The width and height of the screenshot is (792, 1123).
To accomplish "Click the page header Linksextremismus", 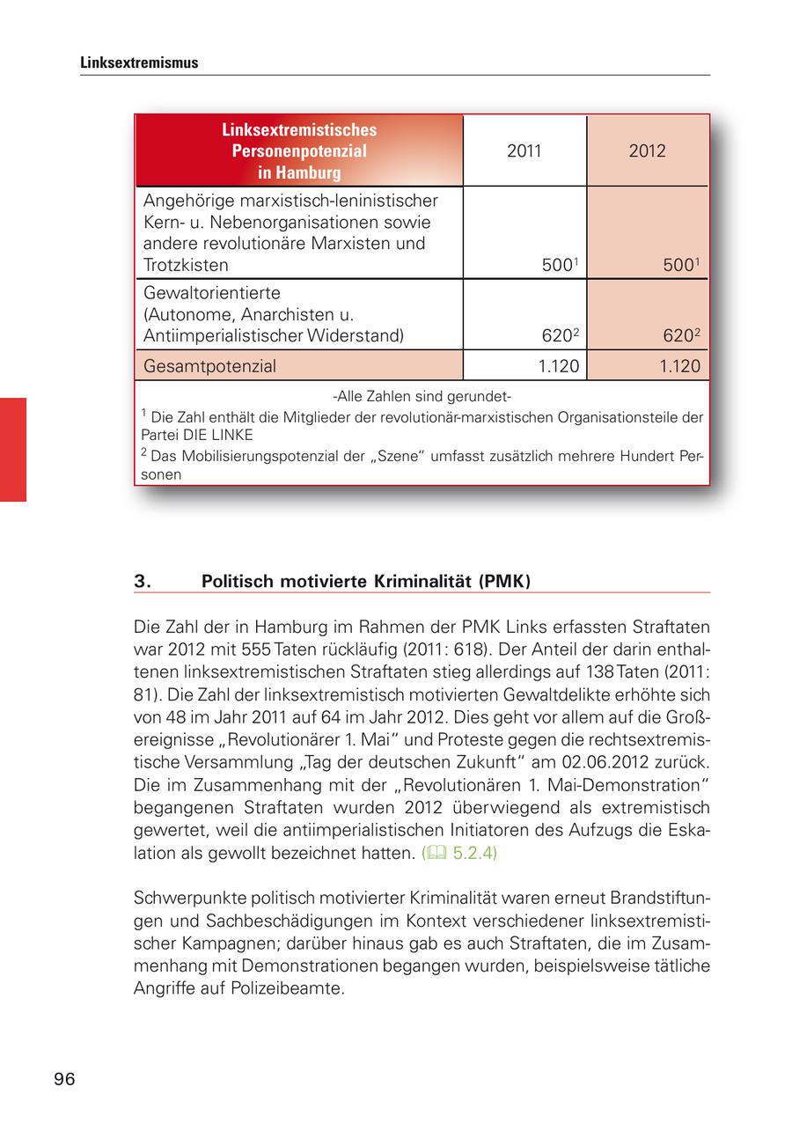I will pyautogui.click(x=139, y=63).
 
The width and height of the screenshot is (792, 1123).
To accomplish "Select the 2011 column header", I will pyautogui.click(x=524, y=150).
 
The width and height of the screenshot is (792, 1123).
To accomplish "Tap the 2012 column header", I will pyautogui.click(x=647, y=150).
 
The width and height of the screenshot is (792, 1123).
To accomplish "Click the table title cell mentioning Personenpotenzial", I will pyautogui.click(x=299, y=150).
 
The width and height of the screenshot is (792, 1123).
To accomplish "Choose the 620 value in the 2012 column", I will pyautogui.click(x=679, y=335).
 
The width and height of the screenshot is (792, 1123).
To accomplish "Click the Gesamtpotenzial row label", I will pyautogui.click(x=209, y=365).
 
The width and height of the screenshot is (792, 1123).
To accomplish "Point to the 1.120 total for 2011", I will pyautogui.click(x=558, y=365).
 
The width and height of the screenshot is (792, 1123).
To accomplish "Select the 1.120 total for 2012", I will pyautogui.click(x=679, y=365).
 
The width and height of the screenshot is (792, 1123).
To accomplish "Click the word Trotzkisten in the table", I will pyautogui.click(x=186, y=265).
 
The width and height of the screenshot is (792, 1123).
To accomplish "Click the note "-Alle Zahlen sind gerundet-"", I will pyautogui.click(x=422, y=396).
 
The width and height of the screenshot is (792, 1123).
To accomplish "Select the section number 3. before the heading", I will pyautogui.click(x=143, y=581).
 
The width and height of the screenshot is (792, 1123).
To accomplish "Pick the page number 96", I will pyautogui.click(x=64, y=1079).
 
